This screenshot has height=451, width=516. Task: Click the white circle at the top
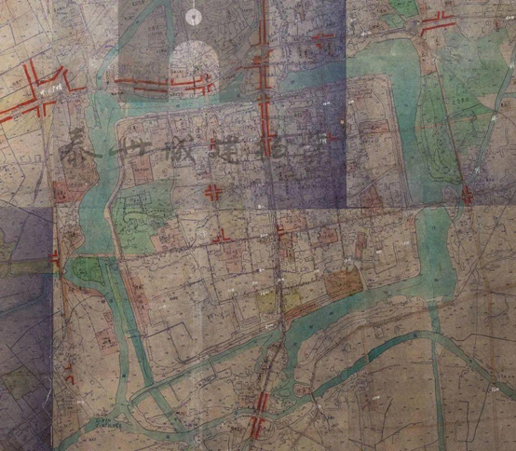pyautogui.click(x=194, y=15)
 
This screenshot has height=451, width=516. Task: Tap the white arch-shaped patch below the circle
pyautogui.click(x=194, y=61)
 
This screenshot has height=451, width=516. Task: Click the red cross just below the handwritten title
pyautogui.click(x=211, y=193)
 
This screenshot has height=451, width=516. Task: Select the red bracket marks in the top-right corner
pyautogui.click(x=434, y=26)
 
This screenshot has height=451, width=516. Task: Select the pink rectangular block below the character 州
pyautogui.click(x=143, y=171)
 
